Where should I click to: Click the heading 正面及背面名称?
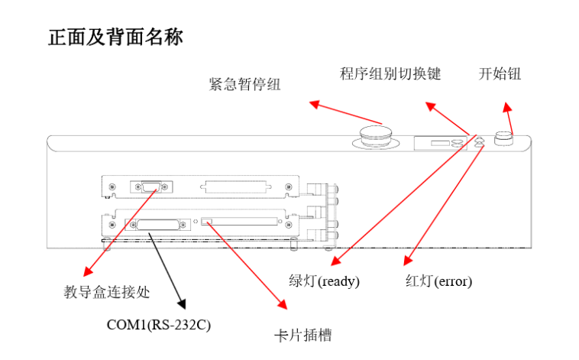[x=116, y=37]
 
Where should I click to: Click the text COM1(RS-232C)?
[x=158, y=325]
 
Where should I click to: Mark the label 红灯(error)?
[x=438, y=281]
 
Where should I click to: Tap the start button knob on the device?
[x=503, y=138]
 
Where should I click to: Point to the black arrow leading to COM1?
[x=165, y=268]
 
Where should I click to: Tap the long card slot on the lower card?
[x=243, y=223]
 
